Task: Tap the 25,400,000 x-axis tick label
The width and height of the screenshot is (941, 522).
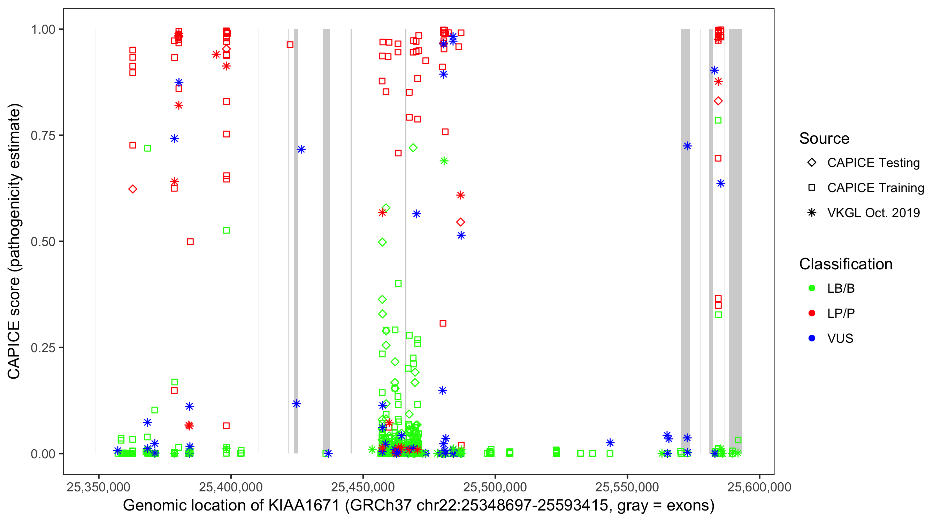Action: point(231,487)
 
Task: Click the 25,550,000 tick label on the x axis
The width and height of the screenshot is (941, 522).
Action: point(627,487)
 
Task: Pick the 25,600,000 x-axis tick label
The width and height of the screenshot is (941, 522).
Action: point(759,487)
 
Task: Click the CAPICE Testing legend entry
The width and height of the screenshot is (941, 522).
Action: point(873,163)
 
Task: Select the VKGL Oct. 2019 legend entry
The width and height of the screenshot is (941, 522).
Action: point(873,213)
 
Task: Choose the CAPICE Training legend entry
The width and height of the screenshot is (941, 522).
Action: point(875,188)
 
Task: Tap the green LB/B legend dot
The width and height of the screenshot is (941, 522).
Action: point(812,288)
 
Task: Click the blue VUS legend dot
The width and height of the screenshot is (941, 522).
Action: point(812,338)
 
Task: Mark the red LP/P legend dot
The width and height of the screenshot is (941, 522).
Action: point(812,313)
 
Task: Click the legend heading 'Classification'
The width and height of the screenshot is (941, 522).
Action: point(846,264)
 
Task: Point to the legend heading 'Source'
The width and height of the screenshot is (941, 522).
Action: point(824,139)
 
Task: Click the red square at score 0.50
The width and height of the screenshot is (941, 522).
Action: point(190,242)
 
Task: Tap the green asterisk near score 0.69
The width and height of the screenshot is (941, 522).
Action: point(444,161)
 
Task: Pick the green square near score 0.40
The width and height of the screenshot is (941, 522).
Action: point(398,283)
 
